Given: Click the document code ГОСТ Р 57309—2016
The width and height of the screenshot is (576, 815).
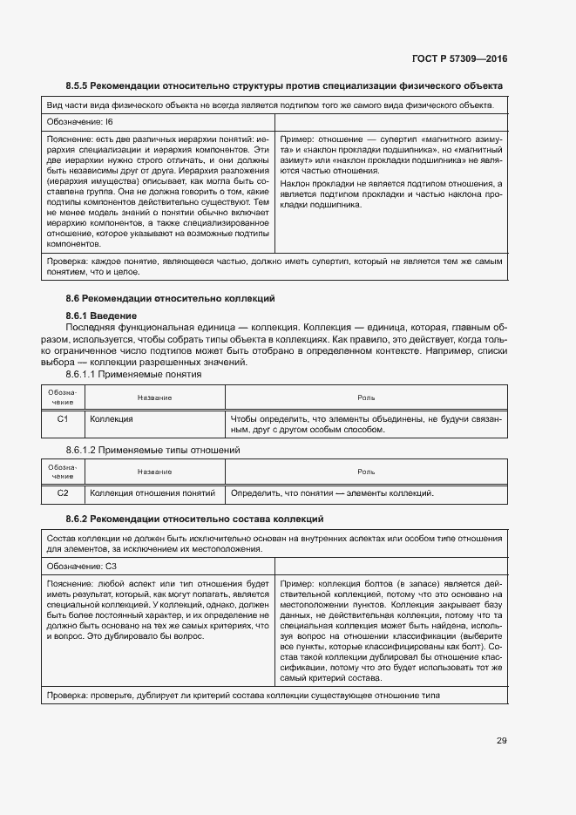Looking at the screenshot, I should point(458,59).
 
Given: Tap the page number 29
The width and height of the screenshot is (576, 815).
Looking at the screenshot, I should point(502,741).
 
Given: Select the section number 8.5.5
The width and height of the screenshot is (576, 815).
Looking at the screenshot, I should point(80,85).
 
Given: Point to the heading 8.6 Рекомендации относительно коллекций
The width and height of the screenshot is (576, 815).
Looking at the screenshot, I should point(170,299).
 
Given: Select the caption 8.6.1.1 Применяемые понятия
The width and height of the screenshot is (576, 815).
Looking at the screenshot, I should point(133,373).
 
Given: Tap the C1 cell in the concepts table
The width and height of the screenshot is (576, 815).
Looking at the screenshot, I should point(63,419).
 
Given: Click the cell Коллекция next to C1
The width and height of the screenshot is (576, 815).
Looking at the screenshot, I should point(112,419).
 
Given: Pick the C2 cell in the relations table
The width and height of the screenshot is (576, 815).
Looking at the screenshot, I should point(63,493).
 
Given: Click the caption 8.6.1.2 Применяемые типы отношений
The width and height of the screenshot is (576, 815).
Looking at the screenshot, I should point(152,450).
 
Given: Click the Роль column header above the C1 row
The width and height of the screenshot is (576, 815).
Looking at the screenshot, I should point(366,397).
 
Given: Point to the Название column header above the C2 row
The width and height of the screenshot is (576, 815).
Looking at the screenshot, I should point(154,472).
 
